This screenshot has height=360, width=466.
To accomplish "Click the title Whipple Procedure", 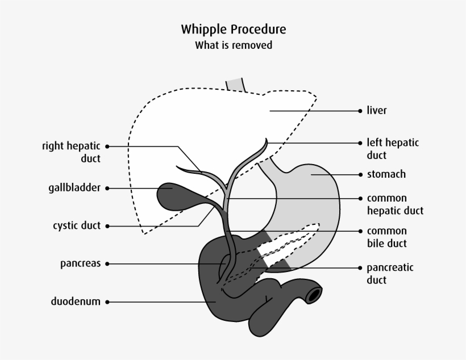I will tap(234, 29).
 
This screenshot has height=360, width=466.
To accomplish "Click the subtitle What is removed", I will tap(234, 45).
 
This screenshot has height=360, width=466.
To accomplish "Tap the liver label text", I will tap(377, 110).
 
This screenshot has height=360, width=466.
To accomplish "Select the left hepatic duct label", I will tap(393, 149).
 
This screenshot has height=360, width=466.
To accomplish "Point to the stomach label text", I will tap(386, 174).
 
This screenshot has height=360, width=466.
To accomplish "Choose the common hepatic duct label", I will tap(395, 204).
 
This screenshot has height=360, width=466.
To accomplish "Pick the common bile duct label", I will tap(387, 237).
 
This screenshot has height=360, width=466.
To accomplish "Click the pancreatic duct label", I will tap(390, 273).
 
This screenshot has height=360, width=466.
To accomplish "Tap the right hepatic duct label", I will tap(71, 152).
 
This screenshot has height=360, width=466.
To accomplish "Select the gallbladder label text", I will tap(74, 188).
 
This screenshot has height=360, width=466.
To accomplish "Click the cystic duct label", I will tap(76, 225).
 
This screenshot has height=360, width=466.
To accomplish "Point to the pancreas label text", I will tap(80, 263).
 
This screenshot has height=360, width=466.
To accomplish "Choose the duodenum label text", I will tap(75, 302).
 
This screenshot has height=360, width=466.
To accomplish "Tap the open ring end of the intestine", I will tap(314, 294).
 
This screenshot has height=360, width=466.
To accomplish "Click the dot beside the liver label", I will tap(360, 111).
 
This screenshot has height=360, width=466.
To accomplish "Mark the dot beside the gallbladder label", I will tap(107, 188).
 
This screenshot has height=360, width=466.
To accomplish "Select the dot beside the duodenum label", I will tap(107, 302).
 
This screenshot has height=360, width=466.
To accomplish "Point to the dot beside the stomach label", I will tap(360, 174).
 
